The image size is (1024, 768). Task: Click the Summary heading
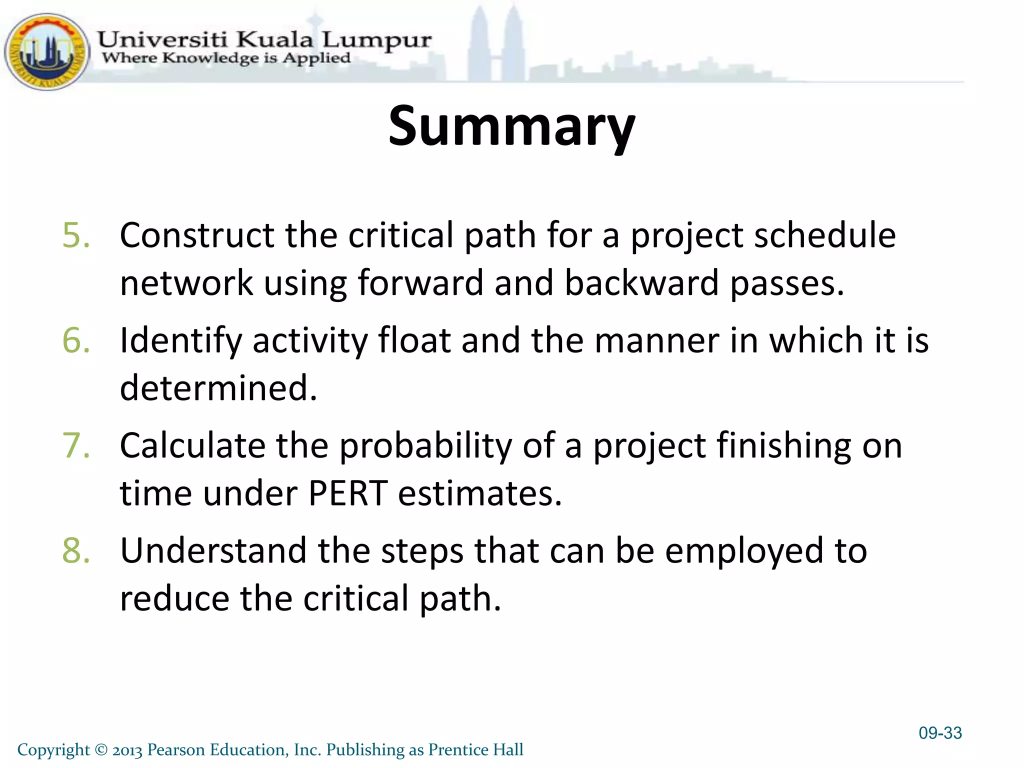point(511,126)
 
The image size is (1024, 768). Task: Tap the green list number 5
point(76,235)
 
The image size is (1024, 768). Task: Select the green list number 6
point(76,340)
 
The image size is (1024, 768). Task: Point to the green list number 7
point(76,445)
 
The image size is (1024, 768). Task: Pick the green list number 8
point(76,550)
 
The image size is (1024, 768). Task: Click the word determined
point(218,388)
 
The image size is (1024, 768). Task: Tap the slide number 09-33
point(940,733)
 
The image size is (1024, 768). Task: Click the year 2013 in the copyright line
point(127,750)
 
